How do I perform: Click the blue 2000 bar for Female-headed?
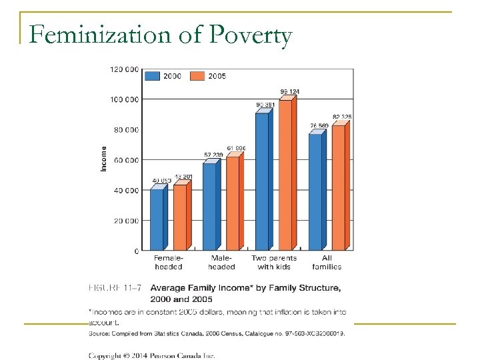156,219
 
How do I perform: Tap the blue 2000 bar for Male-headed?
209,206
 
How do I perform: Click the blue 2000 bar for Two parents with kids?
261,181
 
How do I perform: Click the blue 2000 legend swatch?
153,75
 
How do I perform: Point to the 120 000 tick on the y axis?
125,69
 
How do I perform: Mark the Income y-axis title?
104,159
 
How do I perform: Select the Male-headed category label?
221,263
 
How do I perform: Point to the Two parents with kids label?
274,263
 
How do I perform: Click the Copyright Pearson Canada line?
152,356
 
